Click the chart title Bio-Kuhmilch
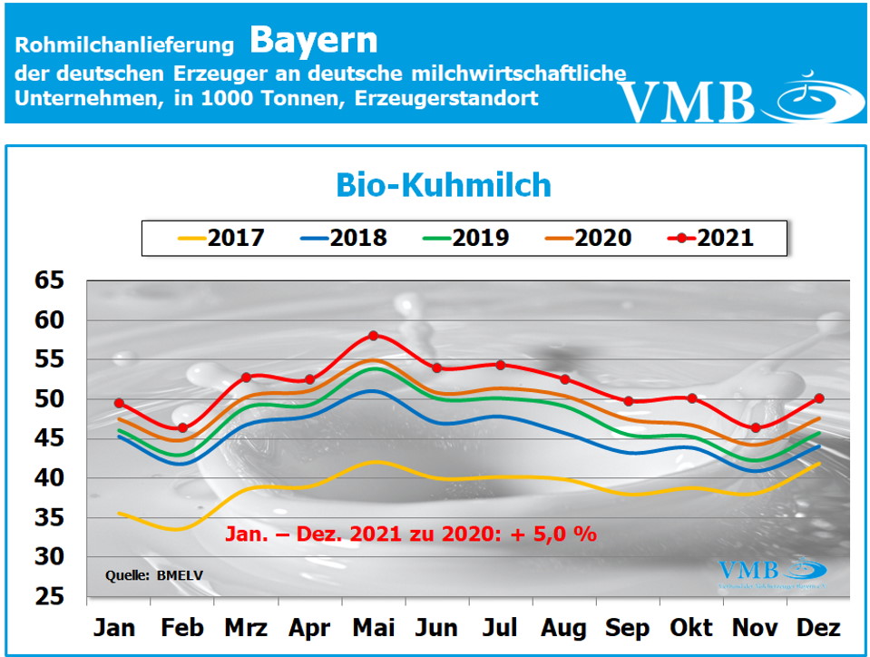[x=444, y=185]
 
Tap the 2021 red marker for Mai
[x=373, y=336]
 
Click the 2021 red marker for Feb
[x=182, y=427]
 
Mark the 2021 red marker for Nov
[x=756, y=427]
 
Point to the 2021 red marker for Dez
[x=819, y=397]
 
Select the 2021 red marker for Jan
[x=119, y=403]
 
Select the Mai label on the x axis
[x=373, y=628]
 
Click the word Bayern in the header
[x=313, y=39]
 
